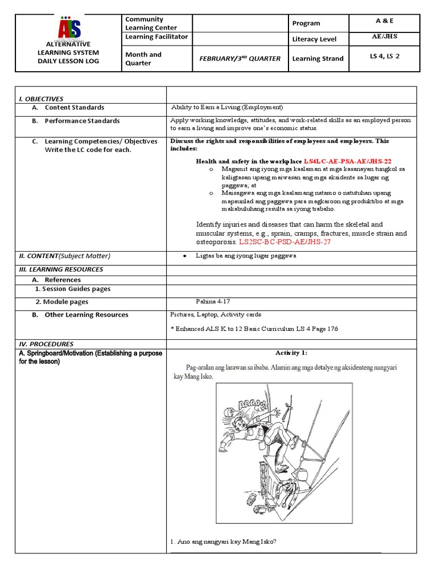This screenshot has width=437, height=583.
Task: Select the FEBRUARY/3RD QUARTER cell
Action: tap(239, 59)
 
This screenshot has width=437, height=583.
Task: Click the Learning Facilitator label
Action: tap(156, 37)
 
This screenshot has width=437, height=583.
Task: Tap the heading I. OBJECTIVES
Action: tap(41, 98)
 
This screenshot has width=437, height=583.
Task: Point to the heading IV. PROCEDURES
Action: tap(47, 344)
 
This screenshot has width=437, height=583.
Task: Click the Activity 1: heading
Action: tap(291, 353)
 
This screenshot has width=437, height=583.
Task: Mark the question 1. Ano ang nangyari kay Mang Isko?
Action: tap(224, 541)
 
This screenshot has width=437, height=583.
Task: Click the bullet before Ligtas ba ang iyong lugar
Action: tap(185, 256)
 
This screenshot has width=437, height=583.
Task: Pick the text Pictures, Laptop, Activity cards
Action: tap(216, 314)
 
